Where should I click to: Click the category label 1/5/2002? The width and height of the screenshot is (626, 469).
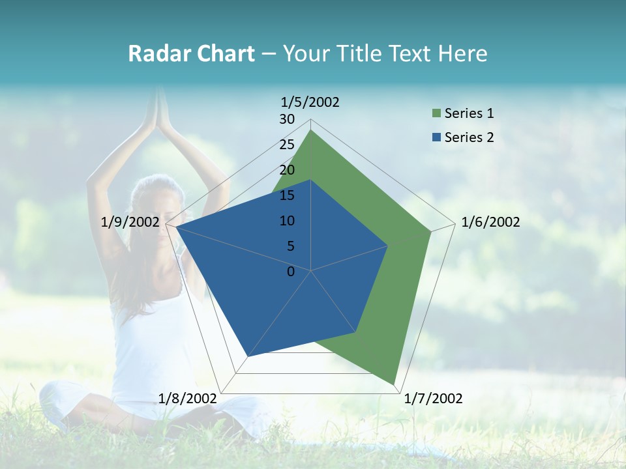pyautogui.click(x=310, y=102)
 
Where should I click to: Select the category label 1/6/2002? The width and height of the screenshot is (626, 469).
pyautogui.click(x=490, y=222)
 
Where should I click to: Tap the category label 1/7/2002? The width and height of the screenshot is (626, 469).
pyautogui.click(x=433, y=398)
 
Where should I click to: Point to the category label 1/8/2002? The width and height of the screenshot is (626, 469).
pyautogui.click(x=187, y=398)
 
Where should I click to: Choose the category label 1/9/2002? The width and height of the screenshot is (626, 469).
pyautogui.click(x=130, y=222)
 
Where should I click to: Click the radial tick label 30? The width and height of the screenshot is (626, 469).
pyautogui.click(x=287, y=119)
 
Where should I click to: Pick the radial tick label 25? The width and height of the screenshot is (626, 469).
pyautogui.click(x=287, y=145)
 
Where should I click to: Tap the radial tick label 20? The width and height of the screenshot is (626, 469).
pyautogui.click(x=287, y=170)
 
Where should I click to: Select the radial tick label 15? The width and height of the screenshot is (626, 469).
pyautogui.click(x=287, y=195)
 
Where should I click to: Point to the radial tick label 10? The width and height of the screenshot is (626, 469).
pyautogui.click(x=287, y=221)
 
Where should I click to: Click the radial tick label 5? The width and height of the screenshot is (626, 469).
pyautogui.click(x=290, y=246)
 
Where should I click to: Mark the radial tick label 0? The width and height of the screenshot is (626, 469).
pyautogui.click(x=291, y=272)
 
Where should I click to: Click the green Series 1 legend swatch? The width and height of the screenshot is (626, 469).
pyautogui.click(x=436, y=114)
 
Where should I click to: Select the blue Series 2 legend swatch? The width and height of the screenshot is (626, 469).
pyautogui.click(x=436, y=137)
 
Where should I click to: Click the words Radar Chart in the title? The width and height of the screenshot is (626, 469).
pyautogui.click(x=191, y=54)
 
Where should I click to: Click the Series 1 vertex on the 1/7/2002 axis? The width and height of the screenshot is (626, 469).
pyautogui.click(x=395, y=384)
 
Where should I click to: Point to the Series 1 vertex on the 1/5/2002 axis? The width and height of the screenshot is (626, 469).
pyautogui.click(x=311, y=130)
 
